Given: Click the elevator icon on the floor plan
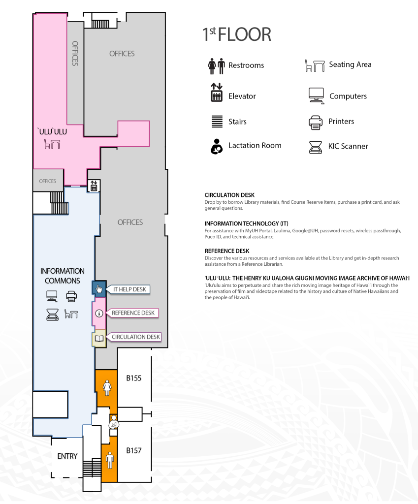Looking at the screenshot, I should click(94, 186).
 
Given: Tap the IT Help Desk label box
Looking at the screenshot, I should click(129, 289).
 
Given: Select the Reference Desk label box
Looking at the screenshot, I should click(133, 313).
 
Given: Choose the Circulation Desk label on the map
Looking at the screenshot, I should click(136, 337).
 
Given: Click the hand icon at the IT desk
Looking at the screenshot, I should click(99, 289).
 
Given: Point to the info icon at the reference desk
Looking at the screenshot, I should click(99, 313).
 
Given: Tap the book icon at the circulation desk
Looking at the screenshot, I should click(99, 339).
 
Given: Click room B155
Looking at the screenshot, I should click(134, 378).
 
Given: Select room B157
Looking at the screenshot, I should click(134, 450).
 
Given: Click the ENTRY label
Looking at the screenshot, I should click(67, 456).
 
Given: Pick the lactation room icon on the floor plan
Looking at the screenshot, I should click(114, 422).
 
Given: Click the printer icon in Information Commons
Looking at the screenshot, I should click(71, 296).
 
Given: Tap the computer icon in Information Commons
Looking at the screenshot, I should click(52, 296).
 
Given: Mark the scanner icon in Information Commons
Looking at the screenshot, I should click(52, 314).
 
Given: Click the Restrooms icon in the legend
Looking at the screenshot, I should click(216, 65).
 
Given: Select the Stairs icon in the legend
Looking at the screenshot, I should click(216, 122).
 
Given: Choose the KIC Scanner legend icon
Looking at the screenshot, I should click(316, 146).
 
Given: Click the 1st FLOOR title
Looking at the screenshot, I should click(237, 34).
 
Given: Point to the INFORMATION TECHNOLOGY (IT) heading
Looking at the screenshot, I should click(239, 223).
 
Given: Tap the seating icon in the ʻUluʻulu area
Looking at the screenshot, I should click(52, 144).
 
